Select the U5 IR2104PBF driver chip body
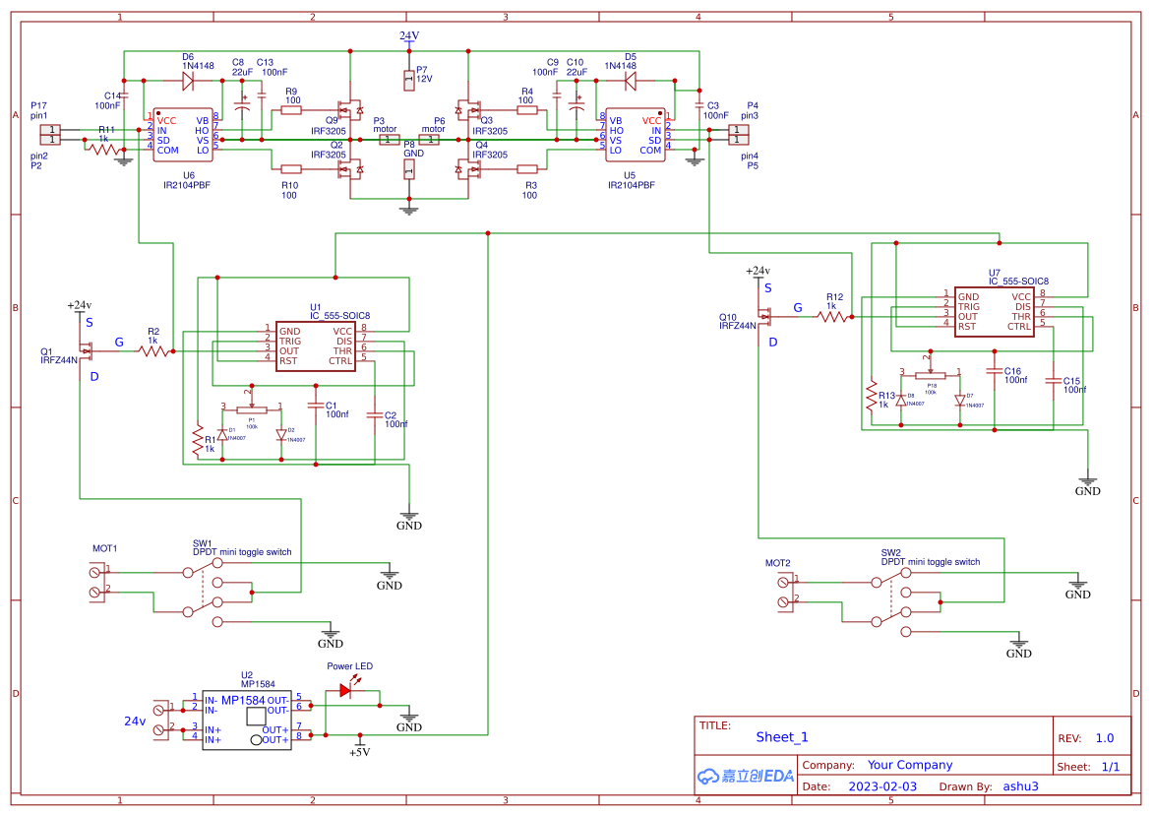(x=635, y=136)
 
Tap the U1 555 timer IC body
(x=315, y=346)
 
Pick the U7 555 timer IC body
(x=995, y=312)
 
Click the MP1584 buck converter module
(x=247, y=721)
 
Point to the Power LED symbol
(x=345, y=690)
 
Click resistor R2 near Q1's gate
(x=152, y=350)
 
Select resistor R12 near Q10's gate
(x=834, y=316)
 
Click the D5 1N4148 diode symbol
(x=631, y=78)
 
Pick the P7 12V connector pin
(x=409, y=78)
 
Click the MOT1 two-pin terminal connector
(x=97, y=581)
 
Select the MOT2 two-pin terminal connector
(x=784, y=591)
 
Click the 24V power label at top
(x=409, y=35)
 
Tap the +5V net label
(x=359, y=752)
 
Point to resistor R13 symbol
(x=871, y=395)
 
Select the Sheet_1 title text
(x=782, y=737)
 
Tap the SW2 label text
(x=891, y=552)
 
